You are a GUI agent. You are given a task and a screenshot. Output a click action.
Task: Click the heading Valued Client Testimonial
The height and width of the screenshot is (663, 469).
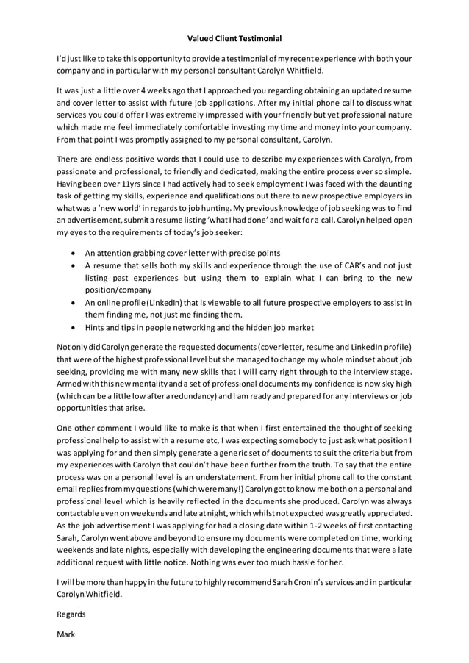[x=234, y=37]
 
